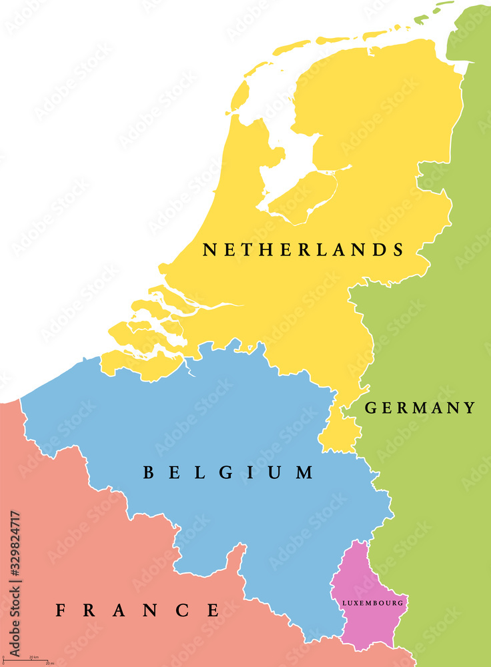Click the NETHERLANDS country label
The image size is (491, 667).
click(x=304, y=250)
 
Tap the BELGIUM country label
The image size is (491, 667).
click(x=228, y=473)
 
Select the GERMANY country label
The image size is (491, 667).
click(x=420, y=408)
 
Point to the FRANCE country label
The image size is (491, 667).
click(x=137, y=610)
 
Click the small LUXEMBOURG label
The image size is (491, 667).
click(x=372, y=603)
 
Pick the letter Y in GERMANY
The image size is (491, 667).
click(x=470, y=408)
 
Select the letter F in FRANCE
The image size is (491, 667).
click(x=61, y=610)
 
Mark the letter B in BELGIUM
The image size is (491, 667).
click(x=150, y=473)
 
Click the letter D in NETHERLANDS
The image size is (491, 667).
click(x=378, y=250)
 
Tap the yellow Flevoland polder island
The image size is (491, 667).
click(x=304, y=197)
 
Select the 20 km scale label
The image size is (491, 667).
click(x=33, y=658)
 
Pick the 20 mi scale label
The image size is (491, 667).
click(x=49, y=664)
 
